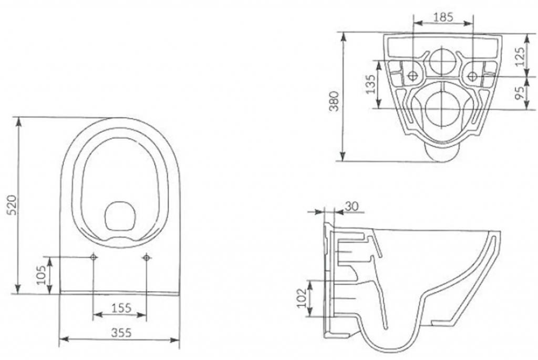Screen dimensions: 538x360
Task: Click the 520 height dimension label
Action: click(13, 205)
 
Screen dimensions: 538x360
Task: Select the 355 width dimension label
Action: click(121, 332)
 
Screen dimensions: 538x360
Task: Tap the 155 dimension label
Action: click(121, 308)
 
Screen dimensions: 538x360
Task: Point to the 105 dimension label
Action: click(41, 275)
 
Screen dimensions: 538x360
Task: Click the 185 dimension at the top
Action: click(443, 17)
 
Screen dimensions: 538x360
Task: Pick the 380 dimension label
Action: click(334, 101)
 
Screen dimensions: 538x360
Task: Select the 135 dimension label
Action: click(370, 84)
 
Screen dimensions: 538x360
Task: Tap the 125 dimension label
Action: click(521, 57)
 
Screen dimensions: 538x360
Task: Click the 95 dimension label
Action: click(521, 92)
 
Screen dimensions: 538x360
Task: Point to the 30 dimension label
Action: click(351, 206)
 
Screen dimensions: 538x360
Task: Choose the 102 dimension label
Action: click(302, 298)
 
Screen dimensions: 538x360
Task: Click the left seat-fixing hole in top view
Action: click(94, 256)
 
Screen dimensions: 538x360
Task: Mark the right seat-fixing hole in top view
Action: click(147, 256)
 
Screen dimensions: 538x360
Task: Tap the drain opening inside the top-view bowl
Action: click(120, 215)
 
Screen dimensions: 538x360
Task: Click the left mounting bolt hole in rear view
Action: click(412, 75)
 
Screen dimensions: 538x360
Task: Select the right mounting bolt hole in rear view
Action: click(473, 76)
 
